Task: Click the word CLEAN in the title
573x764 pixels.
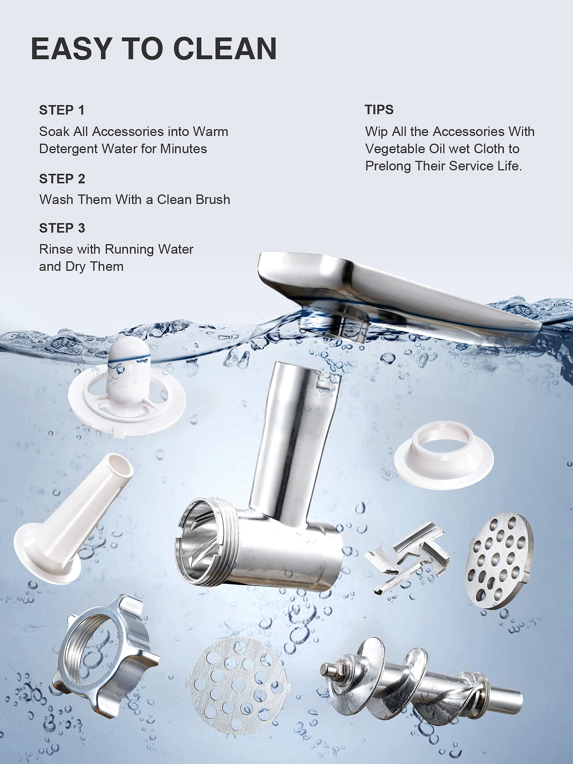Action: [x=225, y=49]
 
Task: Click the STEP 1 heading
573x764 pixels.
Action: [x=62, y=110]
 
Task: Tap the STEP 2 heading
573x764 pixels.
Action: [x=62, y=179]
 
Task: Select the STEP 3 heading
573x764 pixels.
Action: [x=62, y=228]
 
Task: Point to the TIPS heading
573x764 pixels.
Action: [x=379, y=110]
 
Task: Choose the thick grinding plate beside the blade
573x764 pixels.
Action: [x=499, y=559]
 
